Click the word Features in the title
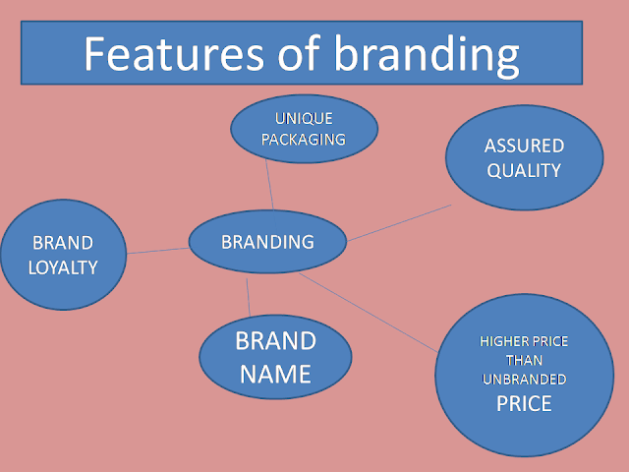pyautogui.click(x=174, y=54)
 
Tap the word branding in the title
pyautogui.click(x=427, y=55)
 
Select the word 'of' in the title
pyautogui.click(x=299, y=53)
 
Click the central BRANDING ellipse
pyautogui.click(x=267, y=242)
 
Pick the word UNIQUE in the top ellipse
pyautogui.click(x=304, y=118)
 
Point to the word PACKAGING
pyautogui.click(x=304, y=140)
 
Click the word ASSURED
pyautogui.click(x=524, y=146)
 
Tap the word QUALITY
pyautogui.click(x=524, y=170)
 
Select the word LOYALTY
pyautogui.click(x=63, y=267)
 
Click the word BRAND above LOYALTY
pyautogui.click(x=63, y=243)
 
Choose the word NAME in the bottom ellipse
pyautogui.click(x=275, y=374)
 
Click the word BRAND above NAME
pyautogui.click(x=275, y=341)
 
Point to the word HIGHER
pyautogui.click(x=500, y=341)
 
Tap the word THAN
pyautogui.click(x=524, y=361)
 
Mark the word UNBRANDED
pyautogui.click(x=524, y=380)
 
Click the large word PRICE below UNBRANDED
pyautogui.click(x=524, y=403)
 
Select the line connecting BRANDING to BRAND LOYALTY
pyautogui.click(x=158, y=251)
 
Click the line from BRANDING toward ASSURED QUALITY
pyautogui.click(x=399, y=223)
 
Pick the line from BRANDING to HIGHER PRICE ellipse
pyautogui.click(x=369, y=313)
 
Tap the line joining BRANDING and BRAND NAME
pyautogui.click(x=249, y=297)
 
